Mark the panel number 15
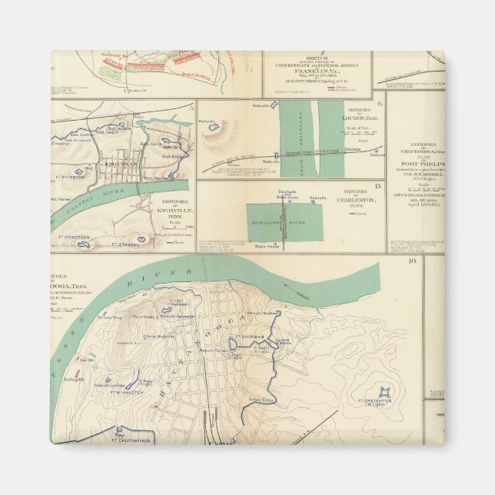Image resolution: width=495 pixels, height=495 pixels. tap(377, 186)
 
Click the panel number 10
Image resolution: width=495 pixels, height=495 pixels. tap(414, 262)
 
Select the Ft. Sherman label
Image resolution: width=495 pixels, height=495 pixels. tap(251, 337)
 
